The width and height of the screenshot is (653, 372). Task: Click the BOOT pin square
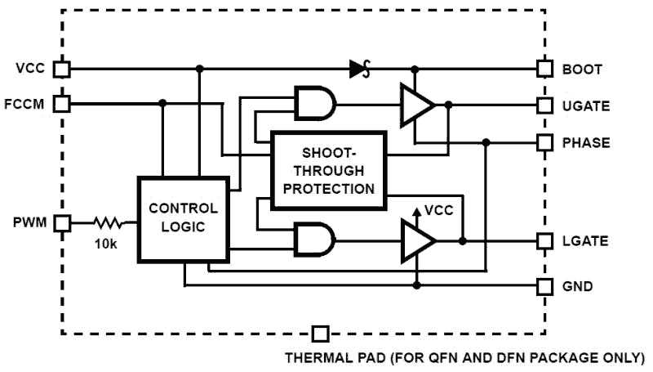coord(544,69)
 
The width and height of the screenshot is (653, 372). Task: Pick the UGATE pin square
coord(544,105)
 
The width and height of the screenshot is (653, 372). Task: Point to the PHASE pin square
coord(544,142)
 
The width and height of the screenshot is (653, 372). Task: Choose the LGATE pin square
coord(544,241)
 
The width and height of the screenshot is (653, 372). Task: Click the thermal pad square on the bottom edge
coord(321,334)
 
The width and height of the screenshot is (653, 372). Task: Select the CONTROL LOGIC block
coord(183,216)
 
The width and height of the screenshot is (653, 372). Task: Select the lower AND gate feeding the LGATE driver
coord(314,241)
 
